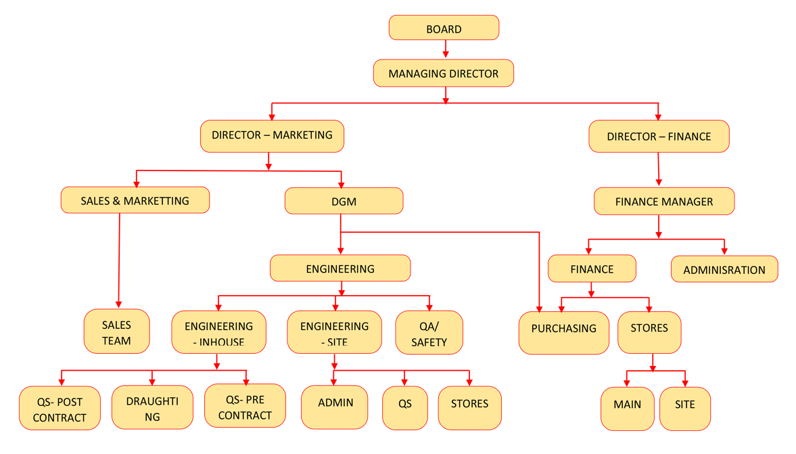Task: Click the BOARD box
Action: point(444,28)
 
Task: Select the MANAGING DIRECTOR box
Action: point(444,73)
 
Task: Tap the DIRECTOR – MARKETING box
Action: point(272,135)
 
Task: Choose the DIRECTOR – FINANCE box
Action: point(659,136)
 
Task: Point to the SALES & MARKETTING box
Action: point(135,200)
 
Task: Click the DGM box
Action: point(344,201)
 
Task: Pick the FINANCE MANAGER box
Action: point(663,201)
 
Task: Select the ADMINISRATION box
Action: point(724,269)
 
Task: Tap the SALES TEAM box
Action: point(116,332)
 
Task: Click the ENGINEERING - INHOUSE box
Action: point(218,332)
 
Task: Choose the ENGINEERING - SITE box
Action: point(334,332)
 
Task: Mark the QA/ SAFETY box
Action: point(429,333)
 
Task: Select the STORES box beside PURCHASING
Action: point(649,332)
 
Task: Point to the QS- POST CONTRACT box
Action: point(60,408)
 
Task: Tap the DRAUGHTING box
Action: point(152,408)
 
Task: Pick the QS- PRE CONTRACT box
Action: point(245,407)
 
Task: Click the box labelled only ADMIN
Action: point(335,407)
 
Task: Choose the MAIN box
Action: point(627,408)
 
